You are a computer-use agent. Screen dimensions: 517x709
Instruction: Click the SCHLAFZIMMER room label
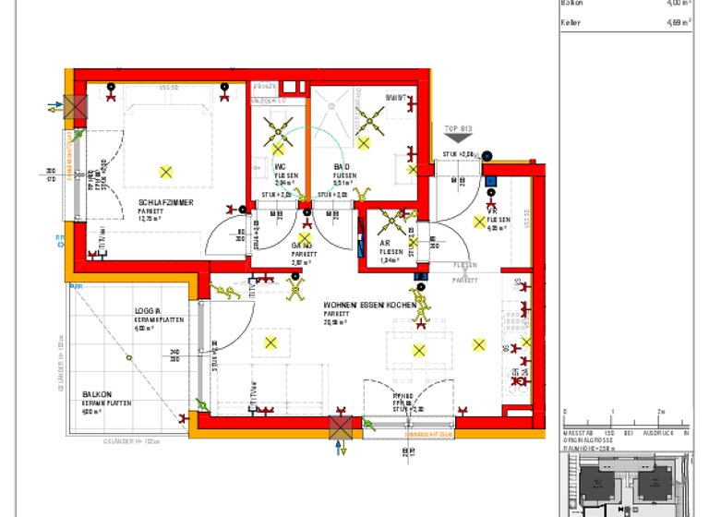pyautogui.click(x=166, y=202)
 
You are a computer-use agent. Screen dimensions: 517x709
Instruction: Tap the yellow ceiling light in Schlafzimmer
pyautogui.click(x=166, y=171)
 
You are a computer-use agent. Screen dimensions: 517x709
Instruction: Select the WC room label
pyautogui.click(x=281, y=166)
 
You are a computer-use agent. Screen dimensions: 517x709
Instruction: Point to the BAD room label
pyautogui.click(x=342, y=166)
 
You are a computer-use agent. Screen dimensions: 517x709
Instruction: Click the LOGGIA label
pyautogui.click(x=148, y=311)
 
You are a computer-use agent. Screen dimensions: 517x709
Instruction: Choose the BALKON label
pyautogui.click(x=97, y=393)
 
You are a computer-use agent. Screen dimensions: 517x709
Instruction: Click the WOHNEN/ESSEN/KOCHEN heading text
pyautogui.click(x=364, y=305)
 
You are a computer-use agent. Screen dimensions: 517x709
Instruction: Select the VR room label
pyautogui.click(x=492, y=210)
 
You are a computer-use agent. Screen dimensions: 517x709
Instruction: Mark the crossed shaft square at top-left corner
pyautogui.click(x=75, y=107)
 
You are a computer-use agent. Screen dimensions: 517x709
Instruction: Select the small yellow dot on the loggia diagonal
pyautogui.click(x=125, y=358)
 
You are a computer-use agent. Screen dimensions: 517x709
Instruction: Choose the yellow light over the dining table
pyautogui.click(x=420, y=350)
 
